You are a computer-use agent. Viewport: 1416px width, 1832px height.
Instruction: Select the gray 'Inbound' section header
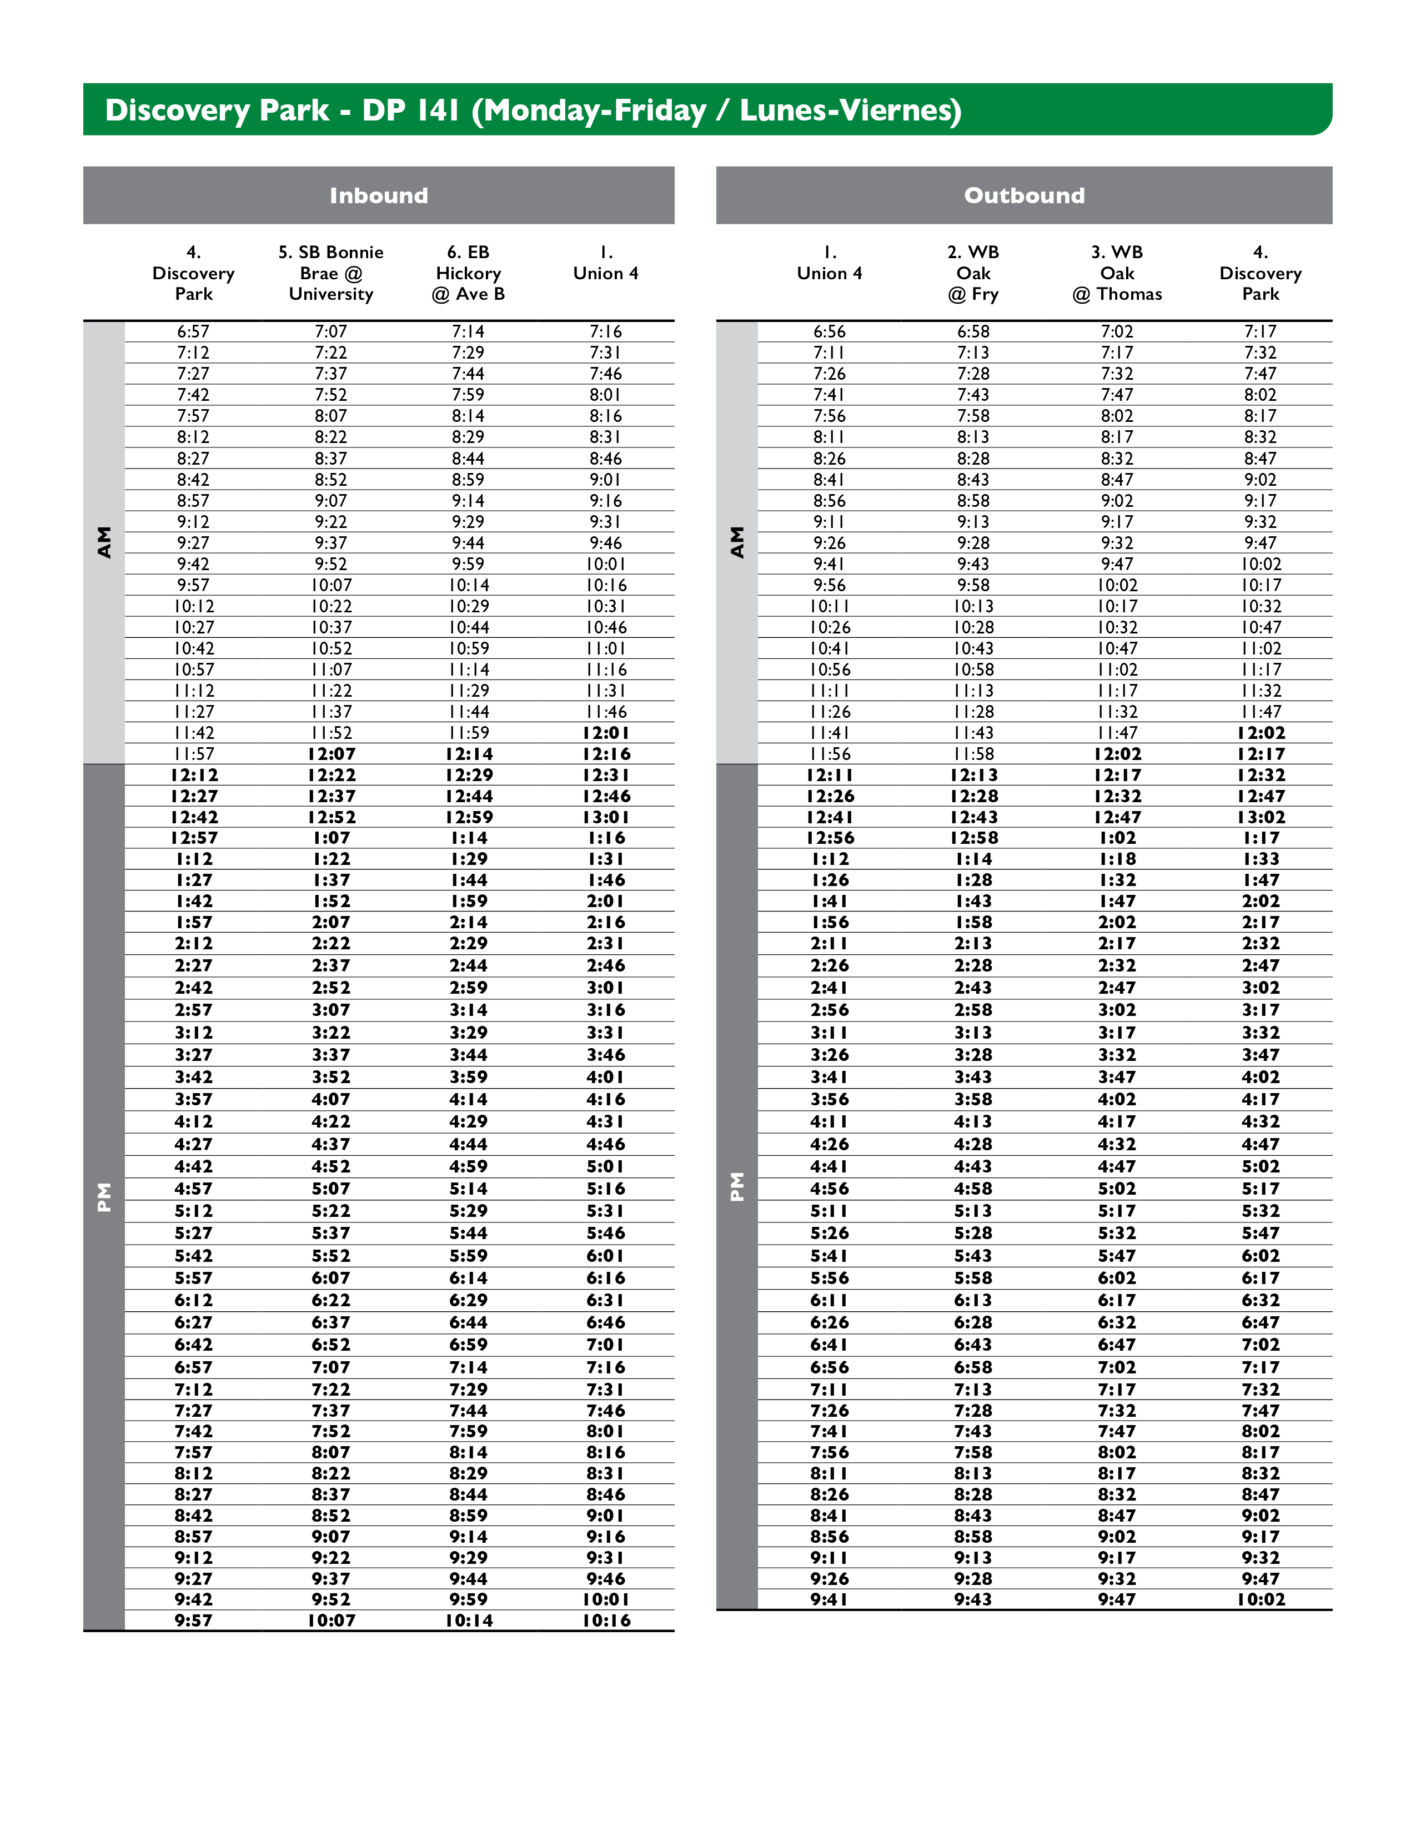coord(378,195)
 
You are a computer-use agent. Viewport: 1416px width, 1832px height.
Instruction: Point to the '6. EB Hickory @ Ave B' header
coord(468,273)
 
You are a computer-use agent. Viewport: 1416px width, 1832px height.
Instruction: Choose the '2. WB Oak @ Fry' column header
coord(973,273)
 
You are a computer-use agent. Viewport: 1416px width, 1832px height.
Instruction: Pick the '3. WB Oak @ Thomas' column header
coord(1117,273)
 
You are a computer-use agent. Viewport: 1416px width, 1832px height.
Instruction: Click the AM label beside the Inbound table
coord(104,542)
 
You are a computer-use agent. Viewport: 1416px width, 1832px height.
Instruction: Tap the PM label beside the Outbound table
coord(736,1186)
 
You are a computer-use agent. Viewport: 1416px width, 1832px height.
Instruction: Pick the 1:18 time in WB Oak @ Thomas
coord(1117,859)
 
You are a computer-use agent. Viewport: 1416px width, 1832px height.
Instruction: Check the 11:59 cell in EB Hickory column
coord(468,732)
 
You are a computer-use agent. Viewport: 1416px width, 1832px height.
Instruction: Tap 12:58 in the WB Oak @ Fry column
coord(973,838)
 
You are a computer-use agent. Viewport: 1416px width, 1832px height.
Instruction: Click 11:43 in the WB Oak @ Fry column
coord(973,732)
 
